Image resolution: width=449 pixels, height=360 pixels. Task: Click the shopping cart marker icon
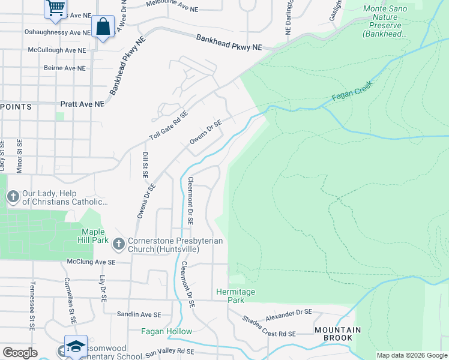tap(55, 8)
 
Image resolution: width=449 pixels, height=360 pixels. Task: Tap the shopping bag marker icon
tap(103, 27)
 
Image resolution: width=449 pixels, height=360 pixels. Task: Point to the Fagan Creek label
tap(352, 91)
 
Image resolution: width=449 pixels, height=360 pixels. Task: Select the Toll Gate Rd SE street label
tap(169, 125)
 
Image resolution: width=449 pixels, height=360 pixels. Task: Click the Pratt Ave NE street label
tap(82, 104)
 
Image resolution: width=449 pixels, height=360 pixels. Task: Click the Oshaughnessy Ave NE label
tap(58, 32)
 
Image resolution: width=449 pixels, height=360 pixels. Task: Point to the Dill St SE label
tap(145, 165)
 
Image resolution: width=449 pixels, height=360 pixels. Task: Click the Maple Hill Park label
tap(94, 236)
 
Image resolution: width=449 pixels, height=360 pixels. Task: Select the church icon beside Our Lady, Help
tap(13, 196)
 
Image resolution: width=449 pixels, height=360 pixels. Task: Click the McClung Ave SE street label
tap(91, 262)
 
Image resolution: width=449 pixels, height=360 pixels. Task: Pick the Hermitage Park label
tap(235, 296)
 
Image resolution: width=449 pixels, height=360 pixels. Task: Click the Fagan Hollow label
tap(167, 331)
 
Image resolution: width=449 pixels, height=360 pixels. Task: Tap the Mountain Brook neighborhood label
tap(339, 334)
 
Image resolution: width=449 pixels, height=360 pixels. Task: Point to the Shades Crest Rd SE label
tap(270, 328)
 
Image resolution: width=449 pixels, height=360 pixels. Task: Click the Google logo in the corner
tap(20, 353)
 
